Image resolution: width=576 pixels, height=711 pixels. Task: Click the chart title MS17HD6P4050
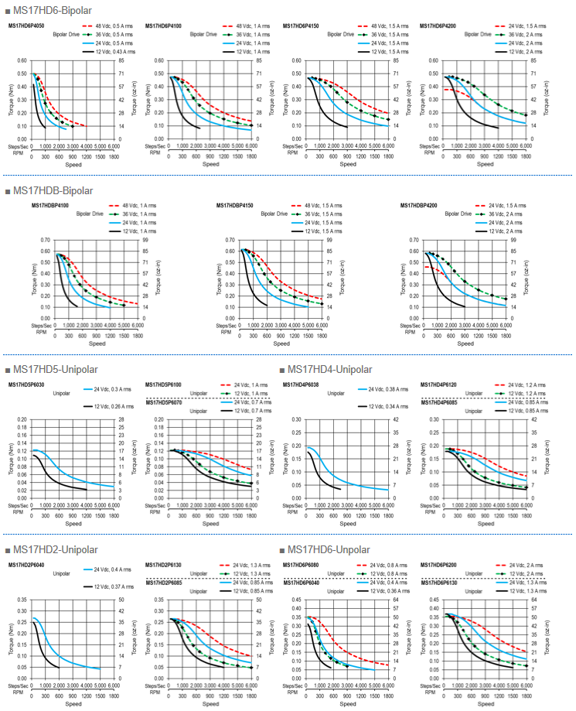tap(26, 26)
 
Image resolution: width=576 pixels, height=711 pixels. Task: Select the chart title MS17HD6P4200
tap(438, 26)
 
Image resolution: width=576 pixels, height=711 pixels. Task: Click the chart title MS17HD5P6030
tap(26, 385)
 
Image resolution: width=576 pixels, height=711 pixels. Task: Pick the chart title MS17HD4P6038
tap(300, 385)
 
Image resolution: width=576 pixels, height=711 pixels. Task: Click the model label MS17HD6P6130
tap(438, 582)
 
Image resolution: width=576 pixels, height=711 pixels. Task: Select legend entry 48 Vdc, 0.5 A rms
tap(116, 26)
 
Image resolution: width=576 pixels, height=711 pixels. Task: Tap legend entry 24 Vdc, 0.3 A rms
tap(116, 389)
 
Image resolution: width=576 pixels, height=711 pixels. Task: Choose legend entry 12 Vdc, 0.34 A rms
tap(391, 406)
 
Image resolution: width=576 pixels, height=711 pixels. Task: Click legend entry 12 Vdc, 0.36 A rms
tap(391, 590)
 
